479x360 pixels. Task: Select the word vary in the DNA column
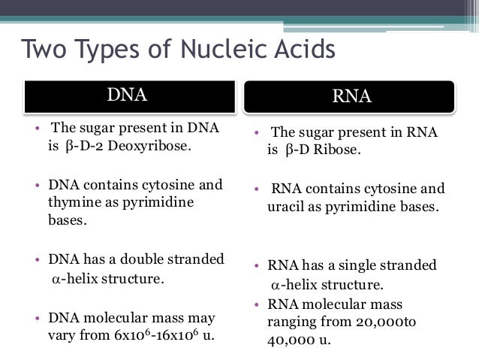click(x=63, y=335)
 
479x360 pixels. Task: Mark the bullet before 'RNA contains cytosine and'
click(x=257, y=189)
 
